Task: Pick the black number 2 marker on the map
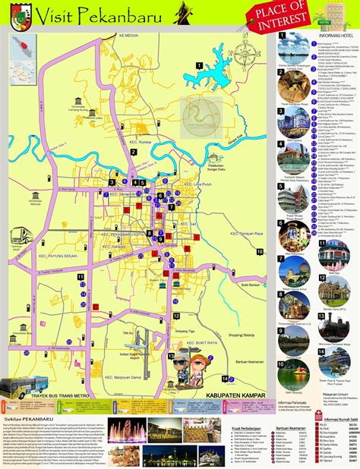[x=133, y=151]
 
